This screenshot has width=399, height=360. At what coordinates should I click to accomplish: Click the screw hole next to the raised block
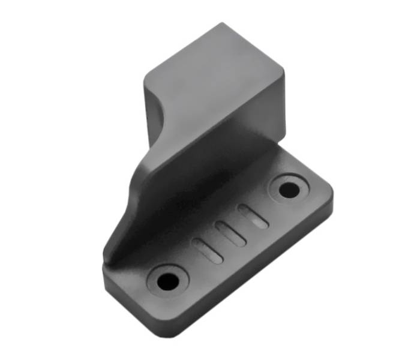click(x=289, y=190)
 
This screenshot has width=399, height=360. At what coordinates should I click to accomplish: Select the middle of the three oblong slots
click(x=231, y=233)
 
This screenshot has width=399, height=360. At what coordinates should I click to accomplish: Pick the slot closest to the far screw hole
click(x=253, y=216)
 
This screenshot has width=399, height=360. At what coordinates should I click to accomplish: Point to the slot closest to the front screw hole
click(x=208, y=250)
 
